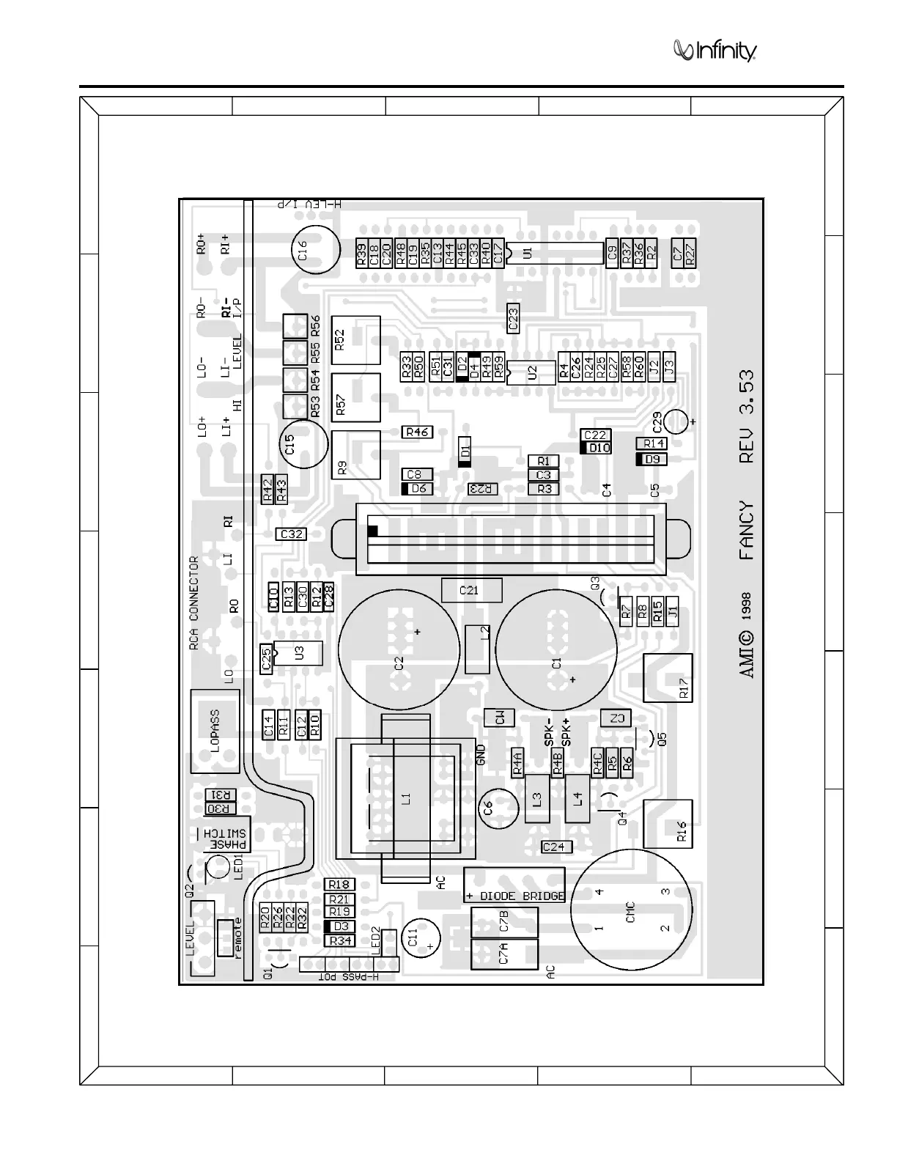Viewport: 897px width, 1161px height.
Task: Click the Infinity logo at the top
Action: point(715,51)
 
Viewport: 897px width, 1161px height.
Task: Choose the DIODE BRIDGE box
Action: point(514,885)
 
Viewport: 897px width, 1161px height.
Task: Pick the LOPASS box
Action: point(215,730)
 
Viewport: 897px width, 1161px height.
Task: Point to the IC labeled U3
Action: point(298,653)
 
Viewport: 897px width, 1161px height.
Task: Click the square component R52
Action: point(356,340)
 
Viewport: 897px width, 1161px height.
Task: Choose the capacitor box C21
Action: point(471,590)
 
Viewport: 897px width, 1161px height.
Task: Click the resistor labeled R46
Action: point(417,432)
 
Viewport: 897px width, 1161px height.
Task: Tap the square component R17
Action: point(668,678)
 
